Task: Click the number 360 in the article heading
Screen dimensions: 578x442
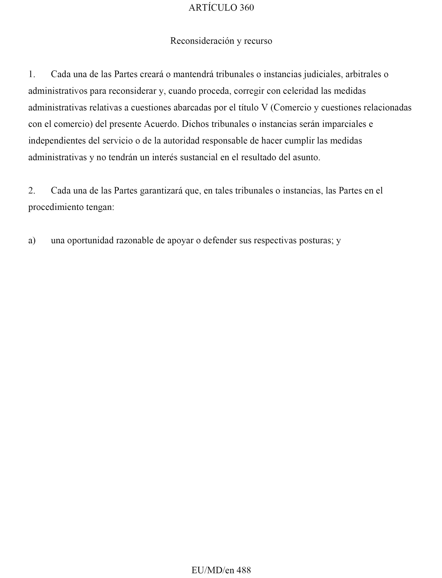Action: [x=247, y=8]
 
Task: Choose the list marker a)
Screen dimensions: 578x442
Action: [x=32, y=240]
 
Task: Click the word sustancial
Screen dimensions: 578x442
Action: [x=199, y=158]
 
